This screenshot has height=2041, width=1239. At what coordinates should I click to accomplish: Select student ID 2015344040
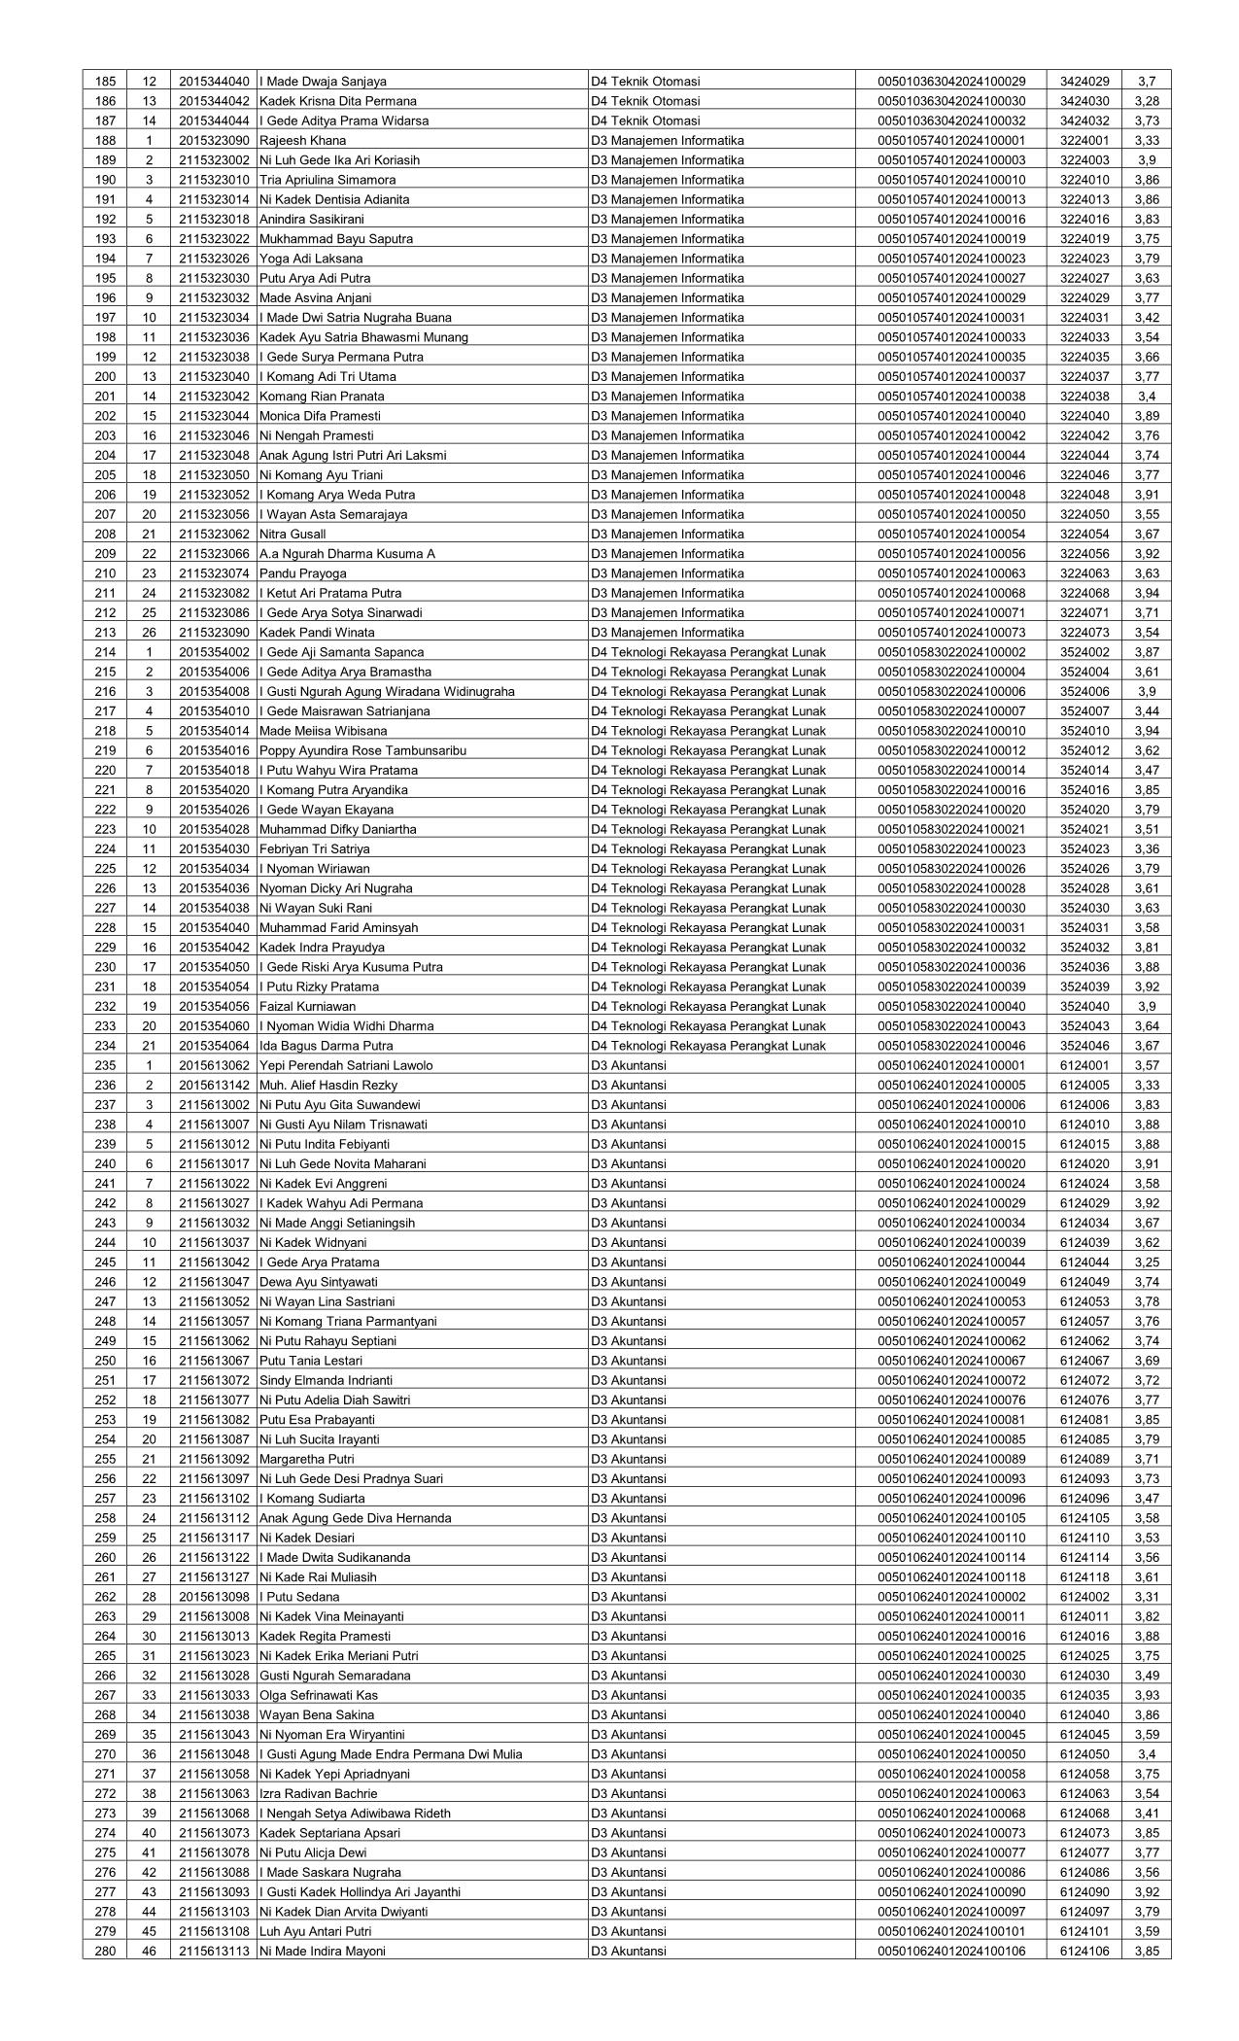click(x=214, y=82)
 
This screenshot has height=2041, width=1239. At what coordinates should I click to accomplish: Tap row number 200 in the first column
click(x=104, y=377)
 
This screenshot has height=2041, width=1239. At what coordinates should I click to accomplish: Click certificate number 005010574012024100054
click(x=950, y=535)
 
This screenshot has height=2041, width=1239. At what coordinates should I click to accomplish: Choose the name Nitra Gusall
click(x=293, y=535)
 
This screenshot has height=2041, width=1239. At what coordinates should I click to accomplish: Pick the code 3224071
click(x=1084, y=613)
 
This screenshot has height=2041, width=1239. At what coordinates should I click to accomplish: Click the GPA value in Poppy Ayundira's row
click(x=1146, y=751)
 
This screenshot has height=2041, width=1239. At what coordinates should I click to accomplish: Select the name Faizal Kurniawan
click(x=307, y=1007)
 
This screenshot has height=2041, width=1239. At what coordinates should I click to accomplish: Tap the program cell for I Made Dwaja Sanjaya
click(x=645, y=82)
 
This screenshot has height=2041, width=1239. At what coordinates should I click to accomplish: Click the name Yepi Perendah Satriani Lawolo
click(x=346, y=1066)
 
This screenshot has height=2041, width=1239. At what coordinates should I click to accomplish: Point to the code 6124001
click(x=1084, y=1066)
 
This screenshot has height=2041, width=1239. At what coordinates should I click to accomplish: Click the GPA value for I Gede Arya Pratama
click(x=1146, y=1263)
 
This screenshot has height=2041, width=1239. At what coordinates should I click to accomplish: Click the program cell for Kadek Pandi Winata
click(x=667, y=633)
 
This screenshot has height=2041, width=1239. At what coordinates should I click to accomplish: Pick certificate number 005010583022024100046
click(x=950, y=1047)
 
